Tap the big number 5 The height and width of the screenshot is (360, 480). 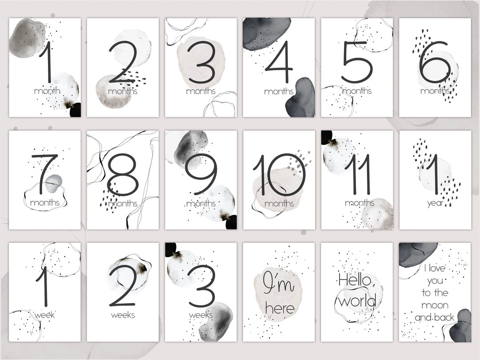click(x=357, y=62)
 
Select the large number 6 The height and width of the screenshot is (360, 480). click(x=435, y=62)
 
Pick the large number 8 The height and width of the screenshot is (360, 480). click(x=123, y=174)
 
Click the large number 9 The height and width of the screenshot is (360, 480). click(x=201, y=174)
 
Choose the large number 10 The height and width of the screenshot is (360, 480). click(x=279, y=174)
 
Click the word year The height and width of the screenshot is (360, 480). click(x=435, y=204)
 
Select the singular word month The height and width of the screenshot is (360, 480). click(x=47, y=91)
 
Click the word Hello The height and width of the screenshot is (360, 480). click(x=356, y=280)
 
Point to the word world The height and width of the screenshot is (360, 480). click(x=357, y=301)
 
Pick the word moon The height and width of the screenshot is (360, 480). click(x=435, y=305)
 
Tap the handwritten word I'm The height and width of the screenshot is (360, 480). click(x=278, y=282)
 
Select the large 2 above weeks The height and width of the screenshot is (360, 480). click(x=123, y=286)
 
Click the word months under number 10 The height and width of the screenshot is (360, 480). click(x=279, y=204)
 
